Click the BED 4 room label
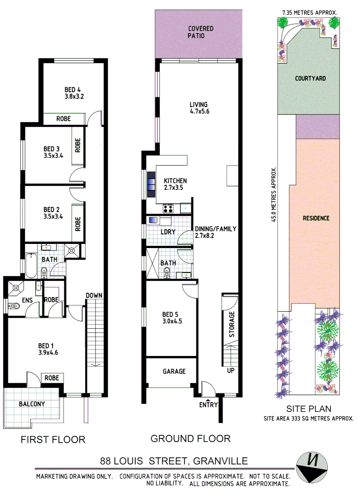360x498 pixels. tap(73, 93)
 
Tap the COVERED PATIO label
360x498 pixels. tap(201, 32)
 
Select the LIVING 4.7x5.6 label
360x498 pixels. tap(199, 108)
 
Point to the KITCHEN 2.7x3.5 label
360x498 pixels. tap(175, 184)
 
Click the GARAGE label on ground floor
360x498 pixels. tap(174, 371)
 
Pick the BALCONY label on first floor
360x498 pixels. tap(32, 404)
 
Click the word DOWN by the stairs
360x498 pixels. tap(94, 296)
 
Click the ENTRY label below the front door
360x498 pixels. tap(208, 405)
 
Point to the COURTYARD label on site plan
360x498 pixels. tap(310, 78)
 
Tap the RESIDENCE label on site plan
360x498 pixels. tap(316, 218)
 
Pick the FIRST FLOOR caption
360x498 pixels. tap(53, 439)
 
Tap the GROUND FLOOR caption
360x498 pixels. tap(190, 438)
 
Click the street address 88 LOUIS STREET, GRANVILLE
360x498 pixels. tap(174, 461)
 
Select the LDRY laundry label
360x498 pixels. tap(168, 231)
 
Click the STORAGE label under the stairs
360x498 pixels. tap(232, 324)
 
